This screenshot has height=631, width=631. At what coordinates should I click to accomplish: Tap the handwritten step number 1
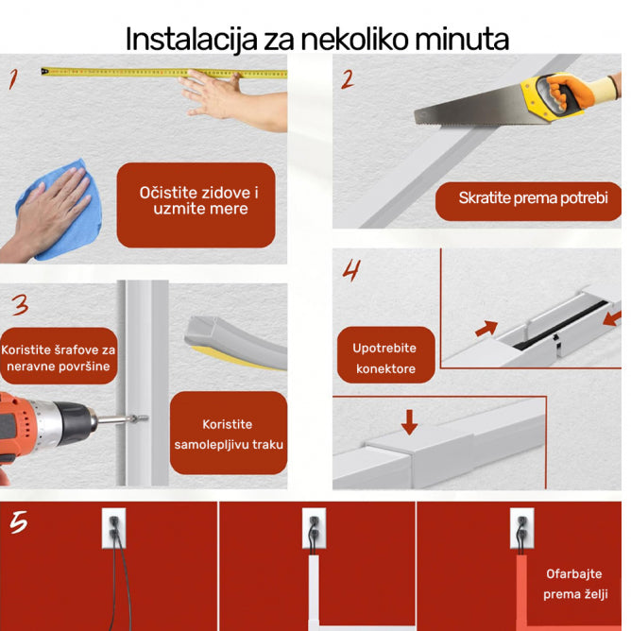click(13, 78)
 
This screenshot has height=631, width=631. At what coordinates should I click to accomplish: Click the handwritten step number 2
click(348, 79)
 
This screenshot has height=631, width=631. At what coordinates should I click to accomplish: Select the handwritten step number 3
click(20, 305)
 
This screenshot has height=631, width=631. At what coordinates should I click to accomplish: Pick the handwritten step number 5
click(18, 522)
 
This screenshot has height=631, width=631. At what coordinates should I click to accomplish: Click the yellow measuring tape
click(161, 71)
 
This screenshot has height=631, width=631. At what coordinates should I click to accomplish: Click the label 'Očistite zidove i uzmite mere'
click(196, 200)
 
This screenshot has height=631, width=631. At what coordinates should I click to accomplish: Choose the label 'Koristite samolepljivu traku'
click(229, 435)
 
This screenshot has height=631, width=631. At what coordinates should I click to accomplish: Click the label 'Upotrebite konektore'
click(384, 358)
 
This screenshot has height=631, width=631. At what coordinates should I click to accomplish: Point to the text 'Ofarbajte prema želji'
click(573, 584)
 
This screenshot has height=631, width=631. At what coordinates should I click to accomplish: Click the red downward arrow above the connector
click(409, 421)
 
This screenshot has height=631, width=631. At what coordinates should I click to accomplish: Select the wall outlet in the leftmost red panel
click(112, 530)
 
